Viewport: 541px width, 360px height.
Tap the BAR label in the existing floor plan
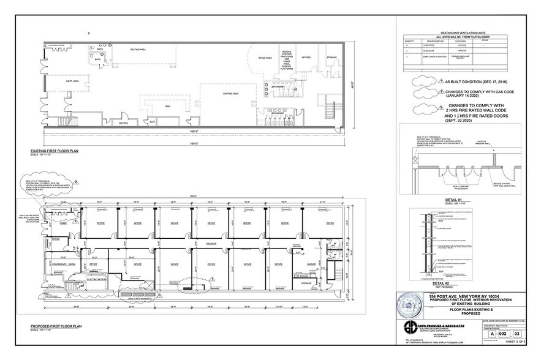coord(167,106)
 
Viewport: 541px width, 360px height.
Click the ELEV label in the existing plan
coord(153,122)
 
